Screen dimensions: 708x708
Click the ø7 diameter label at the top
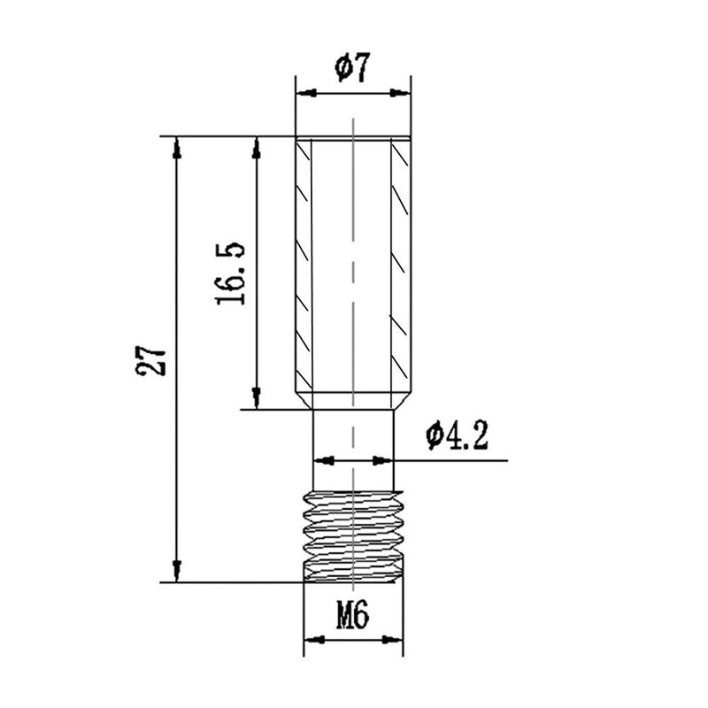(352, 68)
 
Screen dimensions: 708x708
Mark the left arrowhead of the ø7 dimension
(304, 92)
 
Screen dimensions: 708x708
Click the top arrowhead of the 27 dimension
(177, 147)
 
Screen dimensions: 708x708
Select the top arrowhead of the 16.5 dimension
(257, 147)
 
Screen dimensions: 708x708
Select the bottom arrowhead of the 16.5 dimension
(257, 398)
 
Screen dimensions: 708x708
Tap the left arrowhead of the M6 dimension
(312, 639)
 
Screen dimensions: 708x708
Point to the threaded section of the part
(352, 535)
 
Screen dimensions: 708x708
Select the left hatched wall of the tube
(304, 265)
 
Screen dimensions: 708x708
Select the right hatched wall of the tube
(402, 265)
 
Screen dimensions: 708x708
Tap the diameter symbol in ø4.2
(434, 435)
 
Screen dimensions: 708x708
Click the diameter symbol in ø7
(342, 68)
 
